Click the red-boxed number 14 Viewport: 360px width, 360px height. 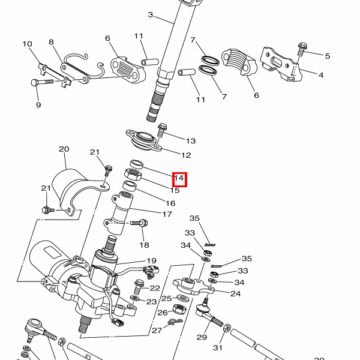click(179, 178)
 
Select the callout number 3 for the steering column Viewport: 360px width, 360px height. click(151, 15)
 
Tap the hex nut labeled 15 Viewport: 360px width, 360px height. click(133, 175)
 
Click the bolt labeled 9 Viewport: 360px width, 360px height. click(42, 82)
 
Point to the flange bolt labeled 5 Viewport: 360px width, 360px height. click(302, 49)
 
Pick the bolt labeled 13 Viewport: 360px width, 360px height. click(162, 130)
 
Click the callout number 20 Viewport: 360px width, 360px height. click(64, 149)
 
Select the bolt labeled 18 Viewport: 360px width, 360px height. click(139, 223)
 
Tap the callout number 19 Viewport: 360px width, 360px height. click(152, 261)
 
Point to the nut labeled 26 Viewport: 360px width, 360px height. click(179, 309)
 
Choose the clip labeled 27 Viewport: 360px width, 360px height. click(175, 322)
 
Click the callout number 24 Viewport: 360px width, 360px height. click(235, 293)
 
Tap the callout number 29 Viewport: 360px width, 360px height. click(202, 337)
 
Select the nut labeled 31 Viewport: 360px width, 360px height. click(227, 328)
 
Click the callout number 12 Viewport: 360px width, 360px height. click(186, 155)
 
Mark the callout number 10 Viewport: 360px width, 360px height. click(28, 44)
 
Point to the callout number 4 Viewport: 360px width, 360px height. click(321, 75)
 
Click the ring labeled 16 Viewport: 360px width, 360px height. click(130, 185)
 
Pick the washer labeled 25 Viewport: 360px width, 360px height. click(183, 298)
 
